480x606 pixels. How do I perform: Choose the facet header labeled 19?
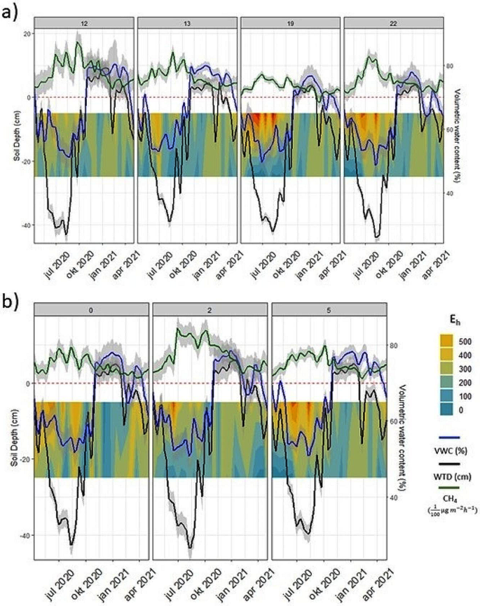tap(289, 22)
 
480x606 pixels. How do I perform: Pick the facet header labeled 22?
tap(393, 22)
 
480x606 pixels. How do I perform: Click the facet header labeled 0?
tap(91, 309)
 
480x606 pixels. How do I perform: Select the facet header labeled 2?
tap(210, 309)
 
